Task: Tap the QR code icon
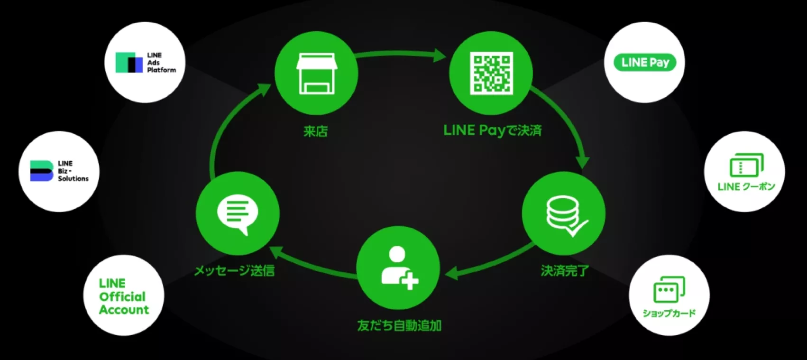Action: pyautogui.click(x=491, y=73)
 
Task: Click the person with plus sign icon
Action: pyautogui.click(x=399, y=268)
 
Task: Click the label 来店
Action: pyautogui.click(x=316, y=131)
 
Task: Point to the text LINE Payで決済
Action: pyautogui.click(x=492, y=130)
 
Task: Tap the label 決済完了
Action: pyautogui.click(x=565, y=270)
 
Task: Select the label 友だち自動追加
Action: pyautogui.click(x=399, y=325)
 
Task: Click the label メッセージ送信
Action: pyautogui.click(x=235, y=270)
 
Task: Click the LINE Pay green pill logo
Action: pyautogui.click(x=645, y=62)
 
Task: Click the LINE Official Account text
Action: pyautogui.click(x=124, y=296)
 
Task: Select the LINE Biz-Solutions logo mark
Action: pyautogui.click(x=41, y=171)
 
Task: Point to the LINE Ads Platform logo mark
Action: pyautogui.click(x=129, y=63)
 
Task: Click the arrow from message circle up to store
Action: pyautogui.click(x=223, y=128)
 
